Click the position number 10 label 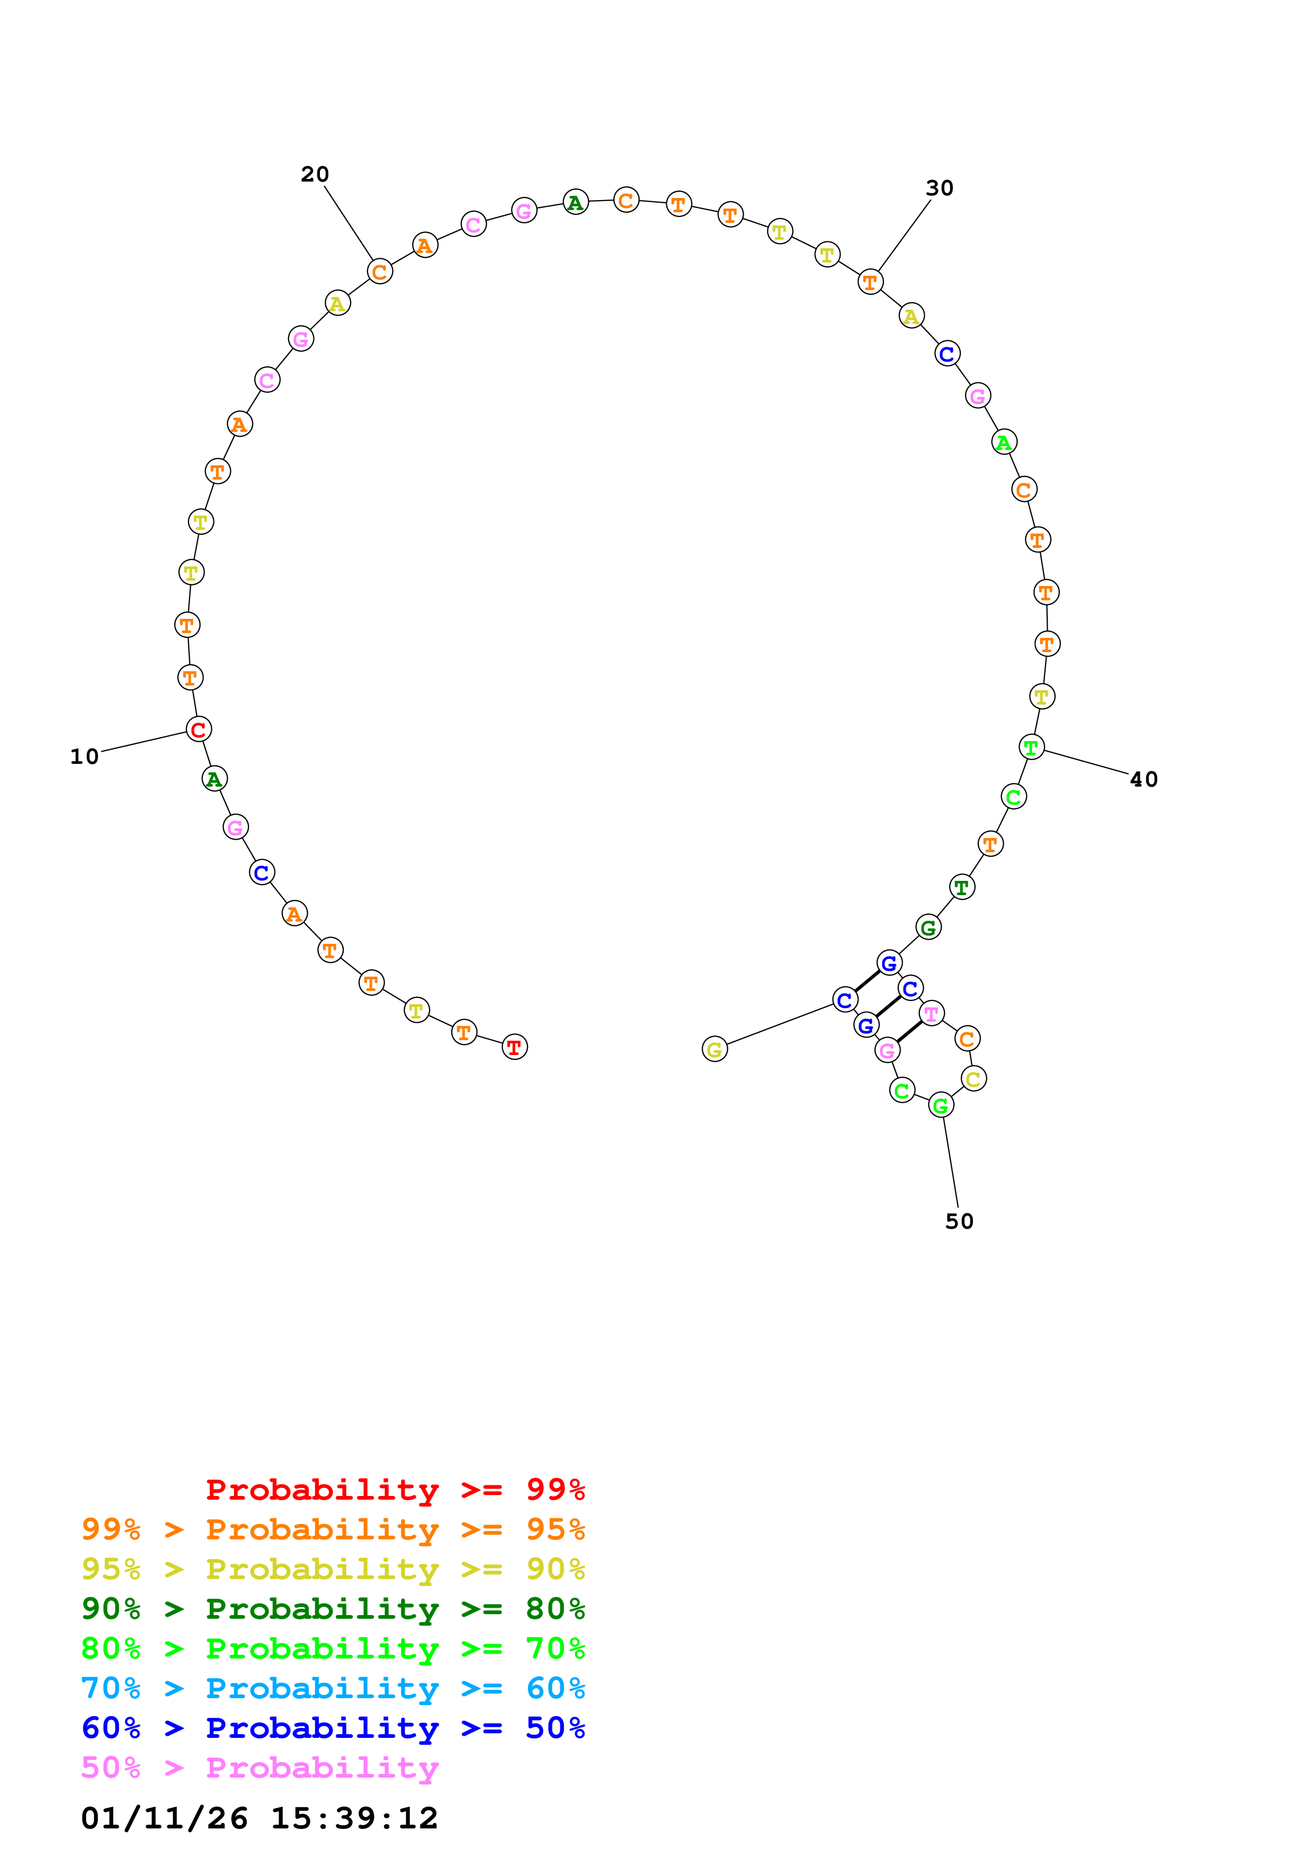(84, 756)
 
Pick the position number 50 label (960, 1221)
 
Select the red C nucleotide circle (198, 729)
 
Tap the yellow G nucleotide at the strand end (714, 1049)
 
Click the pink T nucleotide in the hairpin (932, 1013)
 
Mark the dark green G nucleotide (928, 927)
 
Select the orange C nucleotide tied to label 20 (379, 271)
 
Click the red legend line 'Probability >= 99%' (395, 1489)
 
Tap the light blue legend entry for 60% (333, 1688)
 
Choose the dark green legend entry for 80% (333, 1609)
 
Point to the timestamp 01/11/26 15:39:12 (259, 1818)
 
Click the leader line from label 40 (1086, 762)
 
